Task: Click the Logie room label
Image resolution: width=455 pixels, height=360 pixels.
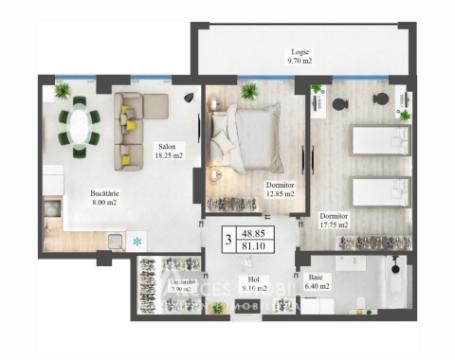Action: coord(300,51)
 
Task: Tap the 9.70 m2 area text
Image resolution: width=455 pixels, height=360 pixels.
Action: coord(300,61)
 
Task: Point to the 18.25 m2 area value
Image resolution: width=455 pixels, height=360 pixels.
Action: coord(168,156)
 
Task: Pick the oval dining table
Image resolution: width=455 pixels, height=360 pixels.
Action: coord(79,126)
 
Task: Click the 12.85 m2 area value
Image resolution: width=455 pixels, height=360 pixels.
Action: coord(280,194)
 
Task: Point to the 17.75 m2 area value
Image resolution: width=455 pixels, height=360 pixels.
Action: coord(333,225)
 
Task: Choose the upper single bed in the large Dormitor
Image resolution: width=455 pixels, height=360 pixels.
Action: coord(381,139)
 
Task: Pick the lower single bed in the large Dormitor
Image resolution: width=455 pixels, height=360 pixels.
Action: coord(381,191)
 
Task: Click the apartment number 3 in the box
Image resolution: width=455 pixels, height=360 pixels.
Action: coord(228,240)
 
